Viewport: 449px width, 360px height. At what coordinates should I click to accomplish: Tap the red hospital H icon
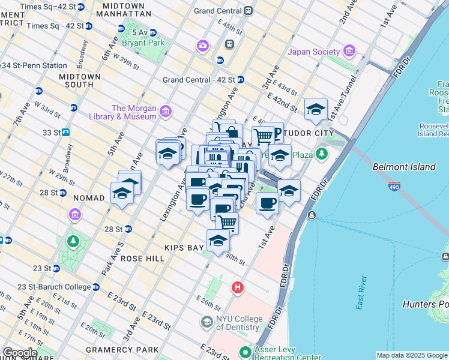238,289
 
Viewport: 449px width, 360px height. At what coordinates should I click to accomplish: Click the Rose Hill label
142,258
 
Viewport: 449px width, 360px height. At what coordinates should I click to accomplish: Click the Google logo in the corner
20,353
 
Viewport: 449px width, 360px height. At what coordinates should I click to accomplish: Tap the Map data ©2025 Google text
412,355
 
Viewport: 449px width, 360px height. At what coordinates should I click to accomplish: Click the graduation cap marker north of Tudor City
316,110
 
